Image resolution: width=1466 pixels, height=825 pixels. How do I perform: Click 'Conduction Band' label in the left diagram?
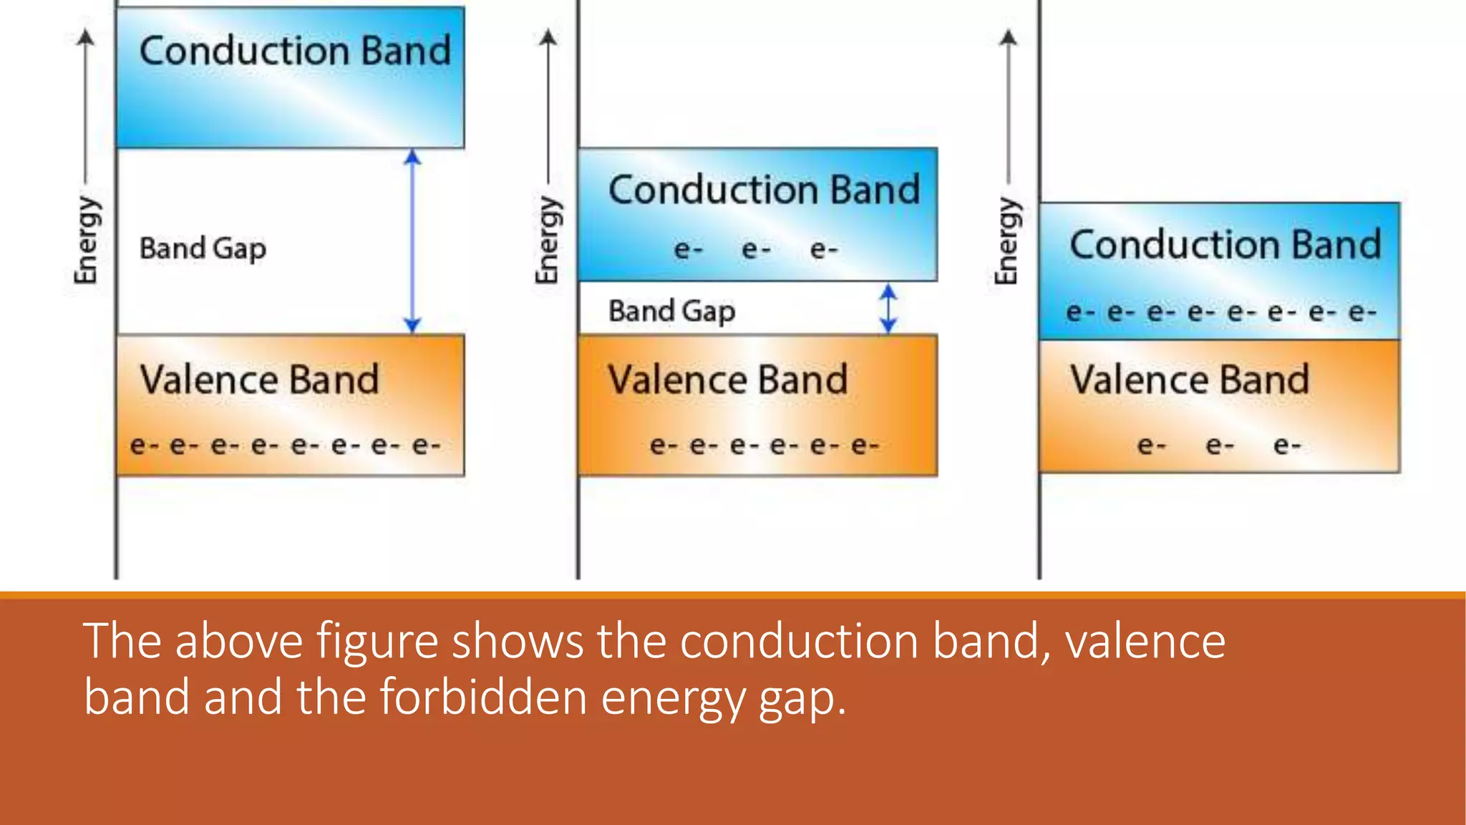(x=295, y=52)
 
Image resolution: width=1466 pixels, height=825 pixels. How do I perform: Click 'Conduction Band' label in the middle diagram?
(x=764, y=190)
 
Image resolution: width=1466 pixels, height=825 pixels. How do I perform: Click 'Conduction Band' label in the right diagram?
(x=1225, y=245)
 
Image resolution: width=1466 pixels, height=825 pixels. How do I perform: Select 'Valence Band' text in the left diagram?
(x=259, y=380)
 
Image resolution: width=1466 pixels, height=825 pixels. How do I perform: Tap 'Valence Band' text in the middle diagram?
(x=727, y=380)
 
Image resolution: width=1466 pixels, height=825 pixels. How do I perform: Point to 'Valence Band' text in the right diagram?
(x=1189, y=380)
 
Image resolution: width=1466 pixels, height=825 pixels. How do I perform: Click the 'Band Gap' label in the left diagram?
(x=203, y=249)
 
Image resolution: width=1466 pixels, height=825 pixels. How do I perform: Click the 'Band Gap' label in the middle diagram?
(x=671, y=312)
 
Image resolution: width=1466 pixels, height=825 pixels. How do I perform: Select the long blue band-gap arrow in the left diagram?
(x=412, y=241)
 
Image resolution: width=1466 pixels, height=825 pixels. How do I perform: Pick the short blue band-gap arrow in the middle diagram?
(x=888, y=309)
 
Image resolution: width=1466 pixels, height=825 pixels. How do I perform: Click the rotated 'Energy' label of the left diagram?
(x=87, y=240)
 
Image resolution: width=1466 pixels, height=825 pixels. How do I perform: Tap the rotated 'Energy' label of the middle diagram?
(x=548, y=240)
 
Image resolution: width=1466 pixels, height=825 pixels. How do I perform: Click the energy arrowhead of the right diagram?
(x=1009, y=37)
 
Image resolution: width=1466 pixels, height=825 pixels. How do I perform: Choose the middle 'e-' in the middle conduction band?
(x=756, y=250)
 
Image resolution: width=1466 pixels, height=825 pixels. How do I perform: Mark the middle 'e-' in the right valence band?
(x=1219, y=446)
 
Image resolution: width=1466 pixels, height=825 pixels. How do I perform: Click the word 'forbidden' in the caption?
(x=484, y=697)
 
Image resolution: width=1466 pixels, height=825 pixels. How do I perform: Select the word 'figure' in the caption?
(x=377, y=641)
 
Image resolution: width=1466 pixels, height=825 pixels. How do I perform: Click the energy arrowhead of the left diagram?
(x=86, y=37)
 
